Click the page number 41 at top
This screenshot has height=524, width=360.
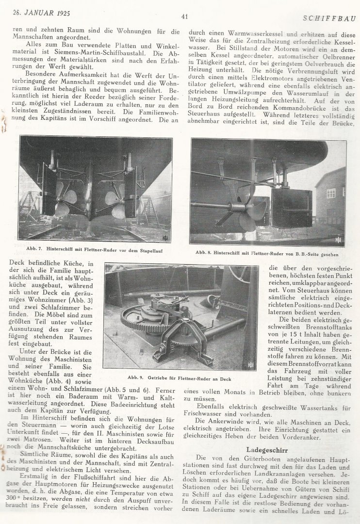184,16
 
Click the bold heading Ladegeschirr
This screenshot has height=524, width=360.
267,449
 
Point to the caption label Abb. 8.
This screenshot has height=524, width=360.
205,253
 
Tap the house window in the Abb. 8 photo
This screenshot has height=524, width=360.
331,193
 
